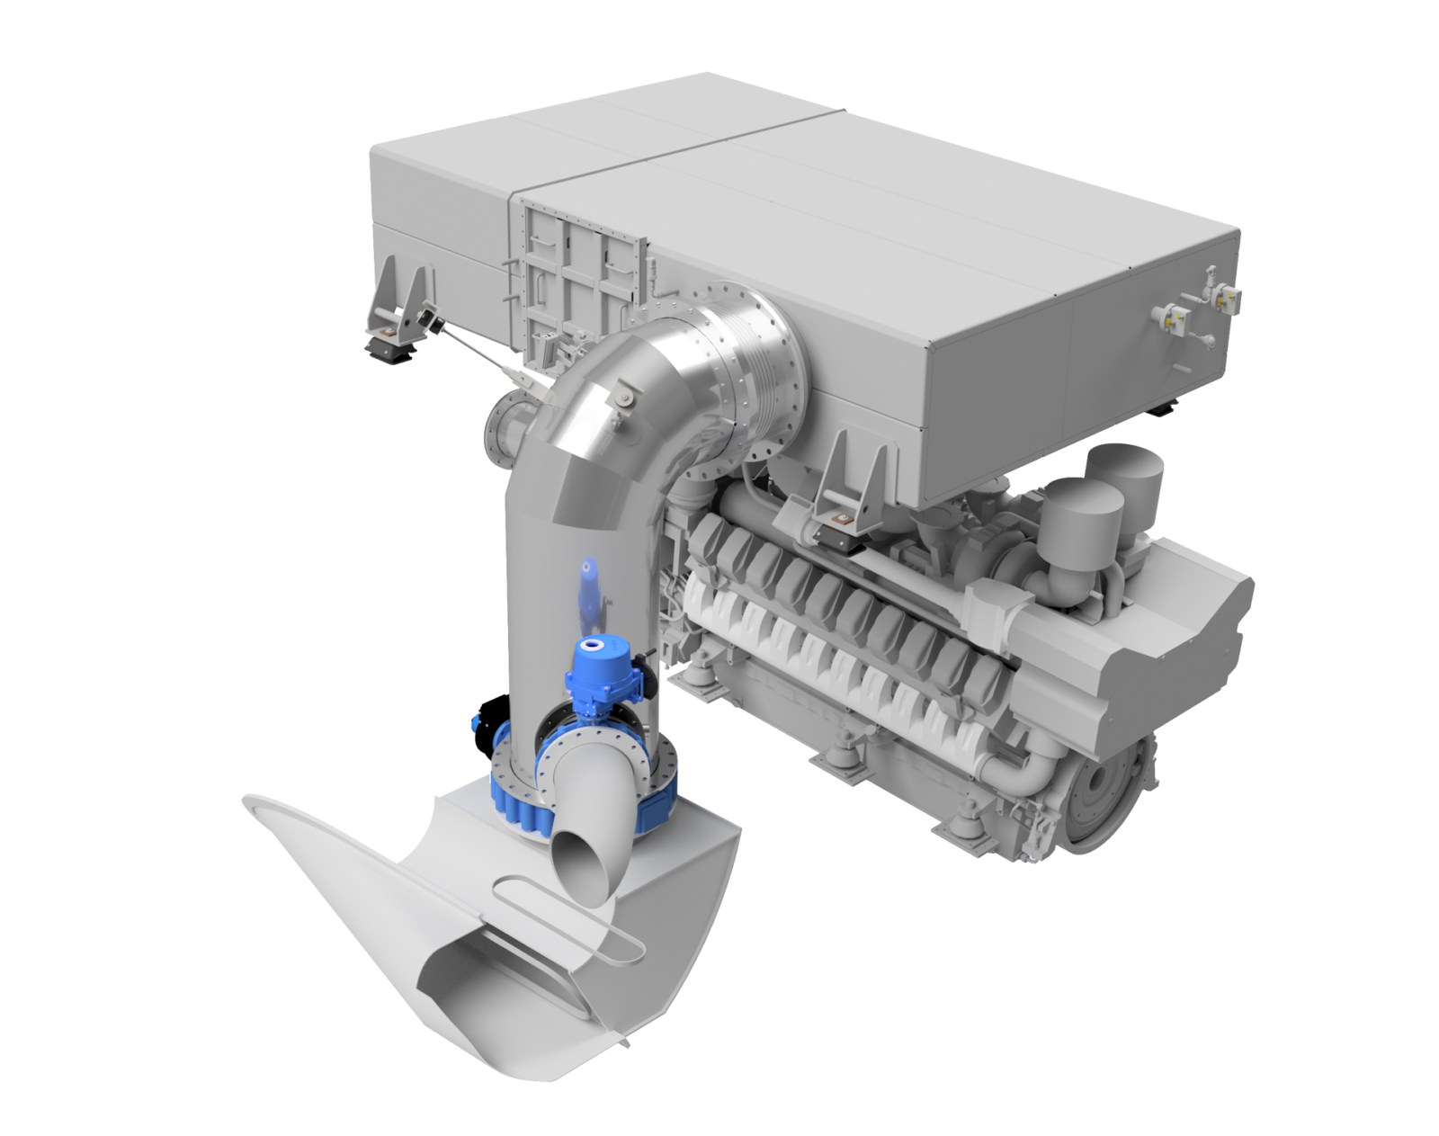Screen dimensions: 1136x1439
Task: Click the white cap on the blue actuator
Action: click(593, 644)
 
